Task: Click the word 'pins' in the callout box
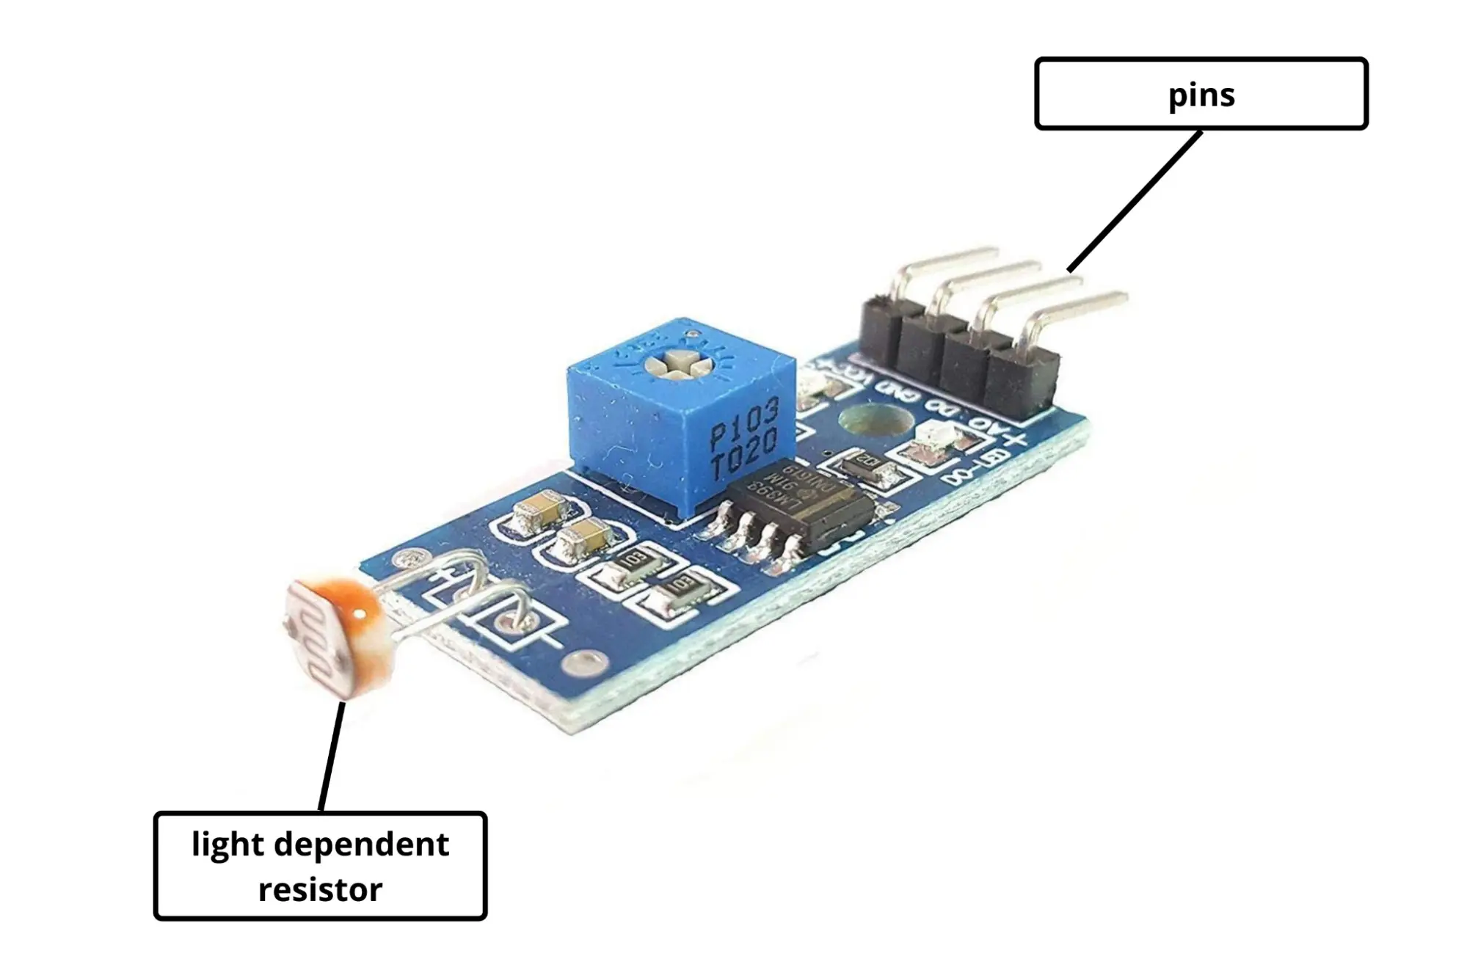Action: coord(1201,95)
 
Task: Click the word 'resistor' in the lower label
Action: coord(320,889)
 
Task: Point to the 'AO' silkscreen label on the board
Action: coord(983,423)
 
